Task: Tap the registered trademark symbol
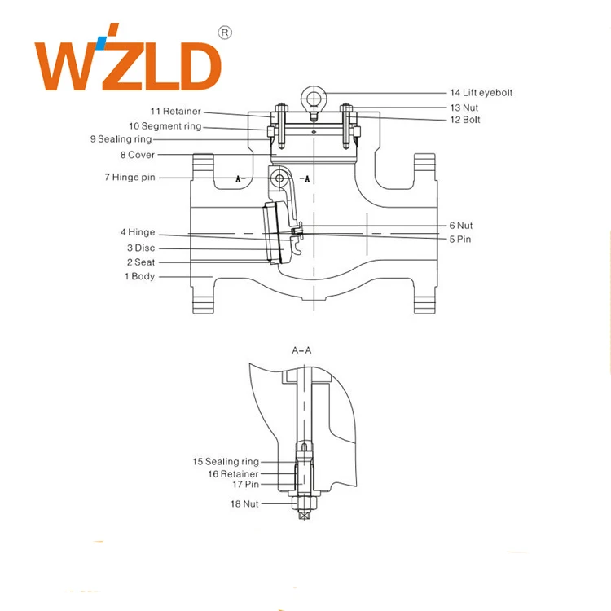(x=226, y=33)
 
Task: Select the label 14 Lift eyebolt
(x=481, y=93)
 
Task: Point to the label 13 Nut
(x=465, y=107)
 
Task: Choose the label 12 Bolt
(x=465, y=120)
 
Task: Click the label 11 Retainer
(x=174, y=111)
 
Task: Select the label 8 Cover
(x=137, y=155)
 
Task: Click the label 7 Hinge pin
(x=129, y=178)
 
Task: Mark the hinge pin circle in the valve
(x=280, y=178)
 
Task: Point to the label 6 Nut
(x=460, y=226)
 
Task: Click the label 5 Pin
(x=459, y=240)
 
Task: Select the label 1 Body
(x=139, y=277)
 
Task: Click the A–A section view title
(x=301, y=349)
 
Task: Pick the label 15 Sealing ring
(x=225, y=462)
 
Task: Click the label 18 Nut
(x=244, y=503)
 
